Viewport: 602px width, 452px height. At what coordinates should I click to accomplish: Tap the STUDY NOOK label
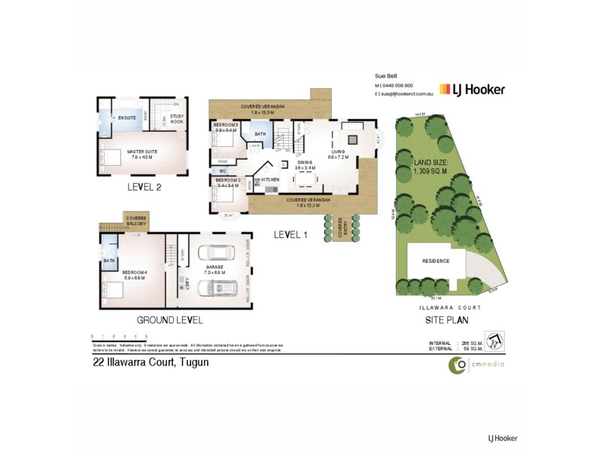pyautogui.click(x=177, y=118)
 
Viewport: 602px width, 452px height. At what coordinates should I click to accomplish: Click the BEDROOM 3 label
pyautogui.click(x=226, y=127)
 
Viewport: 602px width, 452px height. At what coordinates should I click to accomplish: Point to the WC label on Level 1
pyautogui.click(x=223, y=171)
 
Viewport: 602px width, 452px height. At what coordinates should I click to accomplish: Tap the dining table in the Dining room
pyautogui.click(x=306, y=178)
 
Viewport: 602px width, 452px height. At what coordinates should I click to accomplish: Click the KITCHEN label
pyautogui.click(x=270, y=179)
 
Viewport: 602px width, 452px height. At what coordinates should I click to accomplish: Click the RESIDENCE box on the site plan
pyautogui.click(x=436, y=261)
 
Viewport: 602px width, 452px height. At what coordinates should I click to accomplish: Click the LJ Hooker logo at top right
pyautogui.click(x=473, y=90)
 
